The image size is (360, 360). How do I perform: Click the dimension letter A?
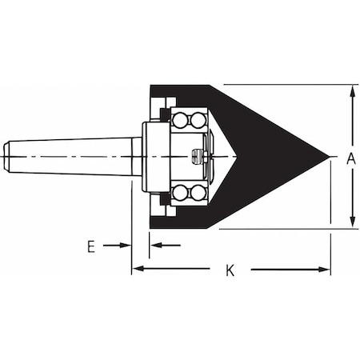pos(350,158)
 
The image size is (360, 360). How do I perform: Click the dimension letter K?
pos(230,270)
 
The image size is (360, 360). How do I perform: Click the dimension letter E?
pos(91,246)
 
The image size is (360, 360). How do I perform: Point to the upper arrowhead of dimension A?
pos(352,90)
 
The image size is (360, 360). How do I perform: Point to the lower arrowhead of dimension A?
pos(352,223)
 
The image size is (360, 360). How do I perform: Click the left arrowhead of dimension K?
pos(137,270)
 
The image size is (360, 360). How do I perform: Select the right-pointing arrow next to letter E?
pos(125,246)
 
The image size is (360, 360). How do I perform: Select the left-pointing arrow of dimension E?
pos(155,246)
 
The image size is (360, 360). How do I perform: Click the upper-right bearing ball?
pos(198,119)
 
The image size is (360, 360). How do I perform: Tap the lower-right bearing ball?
pos(198,192)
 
